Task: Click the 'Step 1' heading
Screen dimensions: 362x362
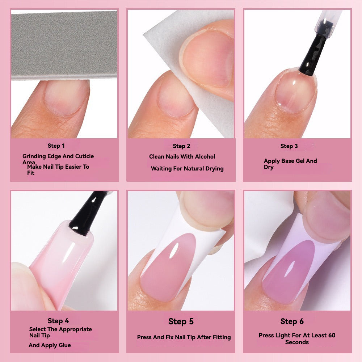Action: pyautogui.click(x=56, y=146)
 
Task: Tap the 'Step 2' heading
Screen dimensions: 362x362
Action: pyautogui.click(x=181, y=146)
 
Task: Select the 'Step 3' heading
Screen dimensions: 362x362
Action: pyautogui.click(x=289, y=146)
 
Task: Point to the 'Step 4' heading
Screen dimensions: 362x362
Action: pyautogui.click(x=58, y=321)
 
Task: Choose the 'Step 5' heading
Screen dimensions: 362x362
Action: pyautogui.click(x=181, y=321)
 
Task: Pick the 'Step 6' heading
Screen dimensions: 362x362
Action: pyautogui.click(x=292, y=321)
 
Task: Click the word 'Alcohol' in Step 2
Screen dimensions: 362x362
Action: pyautogui.click(x=205, y=156)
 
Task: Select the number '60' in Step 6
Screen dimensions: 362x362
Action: pyautogui.click(x=332, y=335)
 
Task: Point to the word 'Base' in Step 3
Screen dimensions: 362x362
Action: pyautogui.click(x=288, y=161)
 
